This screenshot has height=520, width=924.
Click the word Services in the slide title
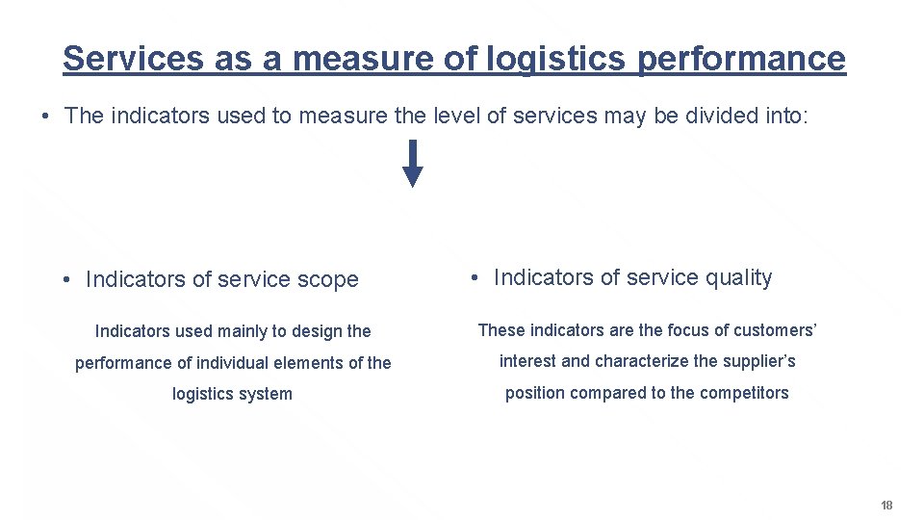click(133, 59)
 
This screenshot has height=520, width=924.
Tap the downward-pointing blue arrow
click(412, 163)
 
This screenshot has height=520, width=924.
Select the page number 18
click(886, 506)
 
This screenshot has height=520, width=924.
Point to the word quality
click(738, 277)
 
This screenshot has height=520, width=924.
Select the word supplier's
click(757, 361)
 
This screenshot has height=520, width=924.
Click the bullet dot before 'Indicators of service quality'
click(475, 278)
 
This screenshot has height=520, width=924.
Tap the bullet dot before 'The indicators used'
click(45, 117)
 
